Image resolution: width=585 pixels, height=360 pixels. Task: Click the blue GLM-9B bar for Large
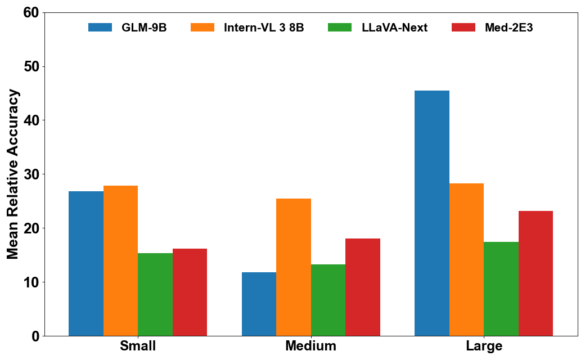pos(432,213)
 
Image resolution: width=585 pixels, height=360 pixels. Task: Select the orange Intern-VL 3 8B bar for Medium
pos(294,267)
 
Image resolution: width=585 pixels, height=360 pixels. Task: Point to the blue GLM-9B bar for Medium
pos(259,304)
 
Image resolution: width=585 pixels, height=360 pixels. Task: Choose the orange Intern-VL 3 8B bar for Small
pos(120,260)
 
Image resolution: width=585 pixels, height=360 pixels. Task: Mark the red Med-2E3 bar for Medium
pos(363,287)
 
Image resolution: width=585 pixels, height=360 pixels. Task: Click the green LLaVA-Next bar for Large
pos(501,289)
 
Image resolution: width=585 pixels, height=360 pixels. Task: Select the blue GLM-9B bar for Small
pos(86,263)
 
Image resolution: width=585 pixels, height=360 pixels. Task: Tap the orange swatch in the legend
pos(202,28)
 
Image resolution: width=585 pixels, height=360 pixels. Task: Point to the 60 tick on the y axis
pos(31,12)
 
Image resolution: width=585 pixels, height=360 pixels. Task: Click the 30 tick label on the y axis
pos(31,174)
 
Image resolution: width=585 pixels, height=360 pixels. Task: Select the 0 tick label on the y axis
pos(35,336)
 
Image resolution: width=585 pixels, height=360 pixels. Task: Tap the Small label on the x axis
pos(138,346)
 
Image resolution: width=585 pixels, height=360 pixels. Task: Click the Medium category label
pos(310,346)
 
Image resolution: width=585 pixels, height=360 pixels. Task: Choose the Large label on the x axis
pos(484,346)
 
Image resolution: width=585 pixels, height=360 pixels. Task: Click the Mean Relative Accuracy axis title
pos(13,174)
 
